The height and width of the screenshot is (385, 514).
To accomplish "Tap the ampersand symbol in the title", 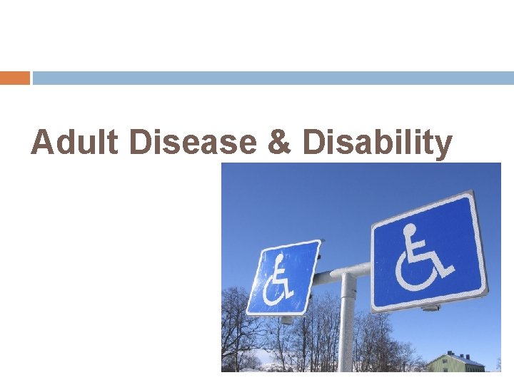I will click(279, 143).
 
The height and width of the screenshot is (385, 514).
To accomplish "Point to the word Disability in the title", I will click(377, 143).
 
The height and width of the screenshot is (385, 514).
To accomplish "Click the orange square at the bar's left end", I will click(14, 78).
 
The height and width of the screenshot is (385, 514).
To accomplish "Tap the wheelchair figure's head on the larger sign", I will click(409, 231).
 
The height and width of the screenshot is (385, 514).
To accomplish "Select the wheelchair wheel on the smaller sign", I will click(274, 292).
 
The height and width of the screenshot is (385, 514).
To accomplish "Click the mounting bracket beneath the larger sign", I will click(429, 307).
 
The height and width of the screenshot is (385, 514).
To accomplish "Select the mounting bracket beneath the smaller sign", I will click(286, 320).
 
